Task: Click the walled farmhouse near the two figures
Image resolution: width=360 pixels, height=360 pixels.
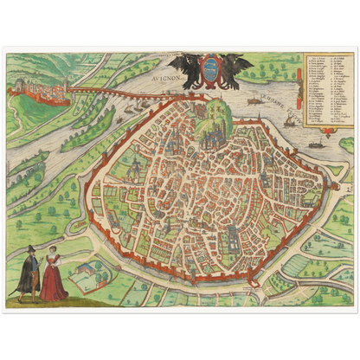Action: tap(85, 275)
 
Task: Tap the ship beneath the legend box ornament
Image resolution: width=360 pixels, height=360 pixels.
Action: tap(318, 141)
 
